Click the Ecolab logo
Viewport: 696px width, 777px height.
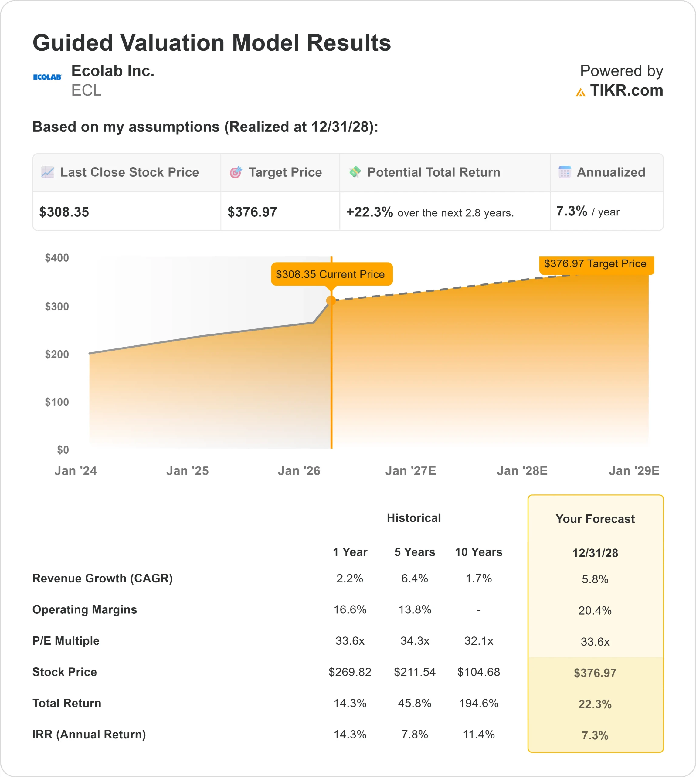point(47,77)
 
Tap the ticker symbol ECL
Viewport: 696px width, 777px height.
point(87,91)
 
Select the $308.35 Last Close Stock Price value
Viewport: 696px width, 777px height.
point(64,212)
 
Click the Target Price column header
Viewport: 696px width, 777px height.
point(285,172)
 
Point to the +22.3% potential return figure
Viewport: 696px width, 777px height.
point(369,212)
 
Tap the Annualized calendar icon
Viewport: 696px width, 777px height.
point(565,172)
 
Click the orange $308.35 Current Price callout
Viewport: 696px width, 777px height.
point(331,274)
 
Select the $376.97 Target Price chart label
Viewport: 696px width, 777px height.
point(596,264)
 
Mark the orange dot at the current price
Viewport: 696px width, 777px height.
point(331,300)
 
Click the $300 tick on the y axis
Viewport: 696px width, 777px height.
point(57,306)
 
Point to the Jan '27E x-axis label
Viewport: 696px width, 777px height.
point(410,471)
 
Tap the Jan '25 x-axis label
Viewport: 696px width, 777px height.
point(187,471)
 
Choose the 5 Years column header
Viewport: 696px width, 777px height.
point(415,552)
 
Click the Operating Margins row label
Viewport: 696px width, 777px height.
point(84,609)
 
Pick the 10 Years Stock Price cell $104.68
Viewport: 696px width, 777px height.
point(478,672)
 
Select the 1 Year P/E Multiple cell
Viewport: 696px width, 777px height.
point(350,641)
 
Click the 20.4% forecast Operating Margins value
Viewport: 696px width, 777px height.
point(595,611)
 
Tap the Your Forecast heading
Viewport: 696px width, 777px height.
point(595,519)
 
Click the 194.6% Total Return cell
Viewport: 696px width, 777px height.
point(478,703)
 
